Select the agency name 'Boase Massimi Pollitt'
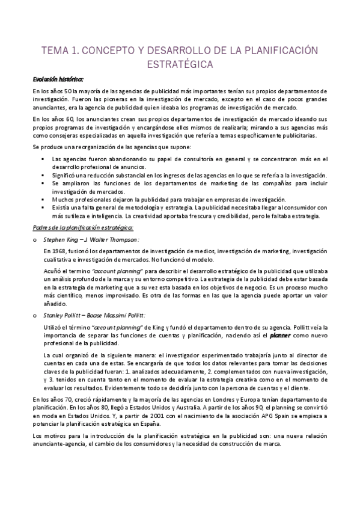click(x=119, y=314)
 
